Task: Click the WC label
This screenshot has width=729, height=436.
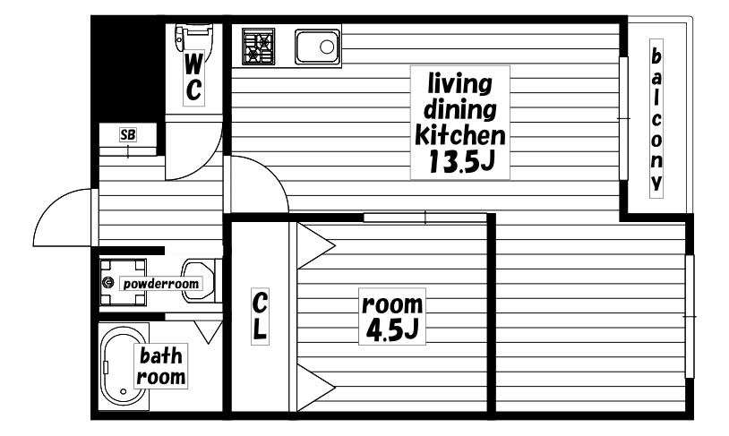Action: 193,78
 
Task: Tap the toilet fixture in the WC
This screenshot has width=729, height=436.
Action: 193,38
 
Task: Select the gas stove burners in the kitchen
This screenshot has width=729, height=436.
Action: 259,46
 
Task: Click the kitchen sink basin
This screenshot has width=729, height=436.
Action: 318,47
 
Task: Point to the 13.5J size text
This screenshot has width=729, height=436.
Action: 460,162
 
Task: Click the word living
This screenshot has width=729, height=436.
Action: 459,84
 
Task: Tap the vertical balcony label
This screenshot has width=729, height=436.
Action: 656,119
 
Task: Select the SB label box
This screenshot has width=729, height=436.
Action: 128,135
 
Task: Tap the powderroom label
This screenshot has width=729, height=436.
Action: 161,284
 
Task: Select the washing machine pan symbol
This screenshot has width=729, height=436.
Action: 123,282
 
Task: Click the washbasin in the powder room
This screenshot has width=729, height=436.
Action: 199,281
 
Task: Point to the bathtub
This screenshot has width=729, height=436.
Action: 123,367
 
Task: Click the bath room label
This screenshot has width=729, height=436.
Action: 161,366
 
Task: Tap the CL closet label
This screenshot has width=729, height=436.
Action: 260,316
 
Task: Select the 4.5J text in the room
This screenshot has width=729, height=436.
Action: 392,329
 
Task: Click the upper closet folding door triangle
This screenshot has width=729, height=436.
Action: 316,245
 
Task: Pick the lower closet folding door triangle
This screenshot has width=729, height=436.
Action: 316,387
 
